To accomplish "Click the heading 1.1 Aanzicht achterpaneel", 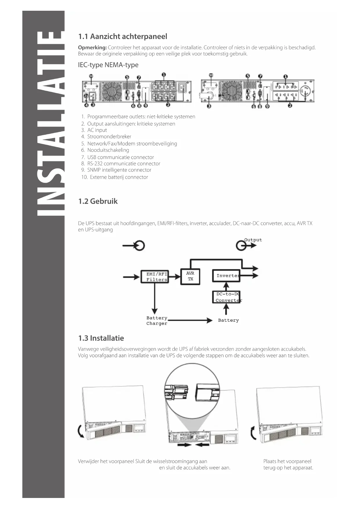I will pos(123,37).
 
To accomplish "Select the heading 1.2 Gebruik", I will pos(98,201).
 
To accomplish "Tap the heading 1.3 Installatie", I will pos(101,338).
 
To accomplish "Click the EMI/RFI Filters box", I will pos(155,277).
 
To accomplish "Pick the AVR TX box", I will pos(190,277).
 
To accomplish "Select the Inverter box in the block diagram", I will pos(226,276).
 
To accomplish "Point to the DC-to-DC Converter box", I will pos(226,297).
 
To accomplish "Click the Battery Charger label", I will pos(157,321).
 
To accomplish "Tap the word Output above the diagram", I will pos(253,240).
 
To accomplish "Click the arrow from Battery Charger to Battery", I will pos(190,320).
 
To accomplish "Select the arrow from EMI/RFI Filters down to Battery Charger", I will pos(155,299).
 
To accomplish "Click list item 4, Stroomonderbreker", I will pos(109,137).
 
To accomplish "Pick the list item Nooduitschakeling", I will pos(108,150).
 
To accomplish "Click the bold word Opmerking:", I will pos(92,48).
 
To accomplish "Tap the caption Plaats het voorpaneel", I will pos(287,461).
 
